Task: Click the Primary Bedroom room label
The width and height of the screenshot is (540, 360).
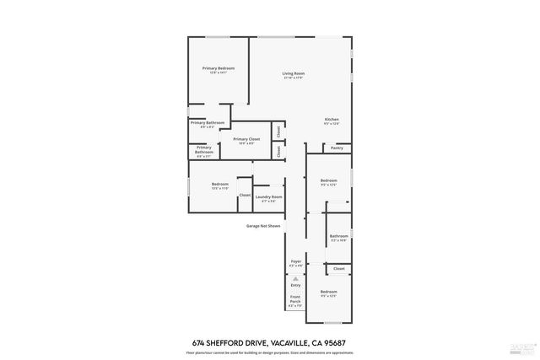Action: pyautogui.click(x=218, y=67)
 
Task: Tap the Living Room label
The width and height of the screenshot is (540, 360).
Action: pyautogui.click(x=293, y=73)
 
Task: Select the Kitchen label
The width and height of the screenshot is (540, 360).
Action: pyautogui.click(x=332, y=120)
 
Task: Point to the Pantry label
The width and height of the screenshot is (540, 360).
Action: pyautogui.click(x=337, y=148)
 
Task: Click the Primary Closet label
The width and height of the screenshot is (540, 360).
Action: pyautogui.click(x=246, y=138)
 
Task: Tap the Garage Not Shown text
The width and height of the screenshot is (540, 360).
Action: pyautogui.click(x=262, y=226)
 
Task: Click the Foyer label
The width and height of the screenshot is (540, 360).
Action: pyautogui.click(x=295, y=261)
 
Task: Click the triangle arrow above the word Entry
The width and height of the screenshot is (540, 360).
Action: pyautogui.click(x=295, y=277)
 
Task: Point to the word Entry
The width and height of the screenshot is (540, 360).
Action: pyautogui.click(x=295, y=285)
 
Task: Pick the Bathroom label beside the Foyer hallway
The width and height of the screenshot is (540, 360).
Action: pyautogui.click(x=338, y=236)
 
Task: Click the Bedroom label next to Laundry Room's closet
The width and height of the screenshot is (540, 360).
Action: pyautogui.click(x=220, y=184)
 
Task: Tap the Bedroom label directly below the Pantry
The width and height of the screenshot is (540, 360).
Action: pyautogui.click(x=328, y=180)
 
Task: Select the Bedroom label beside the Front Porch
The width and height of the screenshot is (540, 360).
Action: pyautogui.click(x=328, y=292)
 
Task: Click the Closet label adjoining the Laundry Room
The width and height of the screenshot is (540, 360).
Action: pyautogui.click(x=244, y=195)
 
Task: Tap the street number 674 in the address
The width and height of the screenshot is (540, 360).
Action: pyautogui.click(x=199, y=342)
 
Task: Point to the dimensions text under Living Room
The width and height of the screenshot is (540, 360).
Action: pyautogui.click(x=293, y=78)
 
